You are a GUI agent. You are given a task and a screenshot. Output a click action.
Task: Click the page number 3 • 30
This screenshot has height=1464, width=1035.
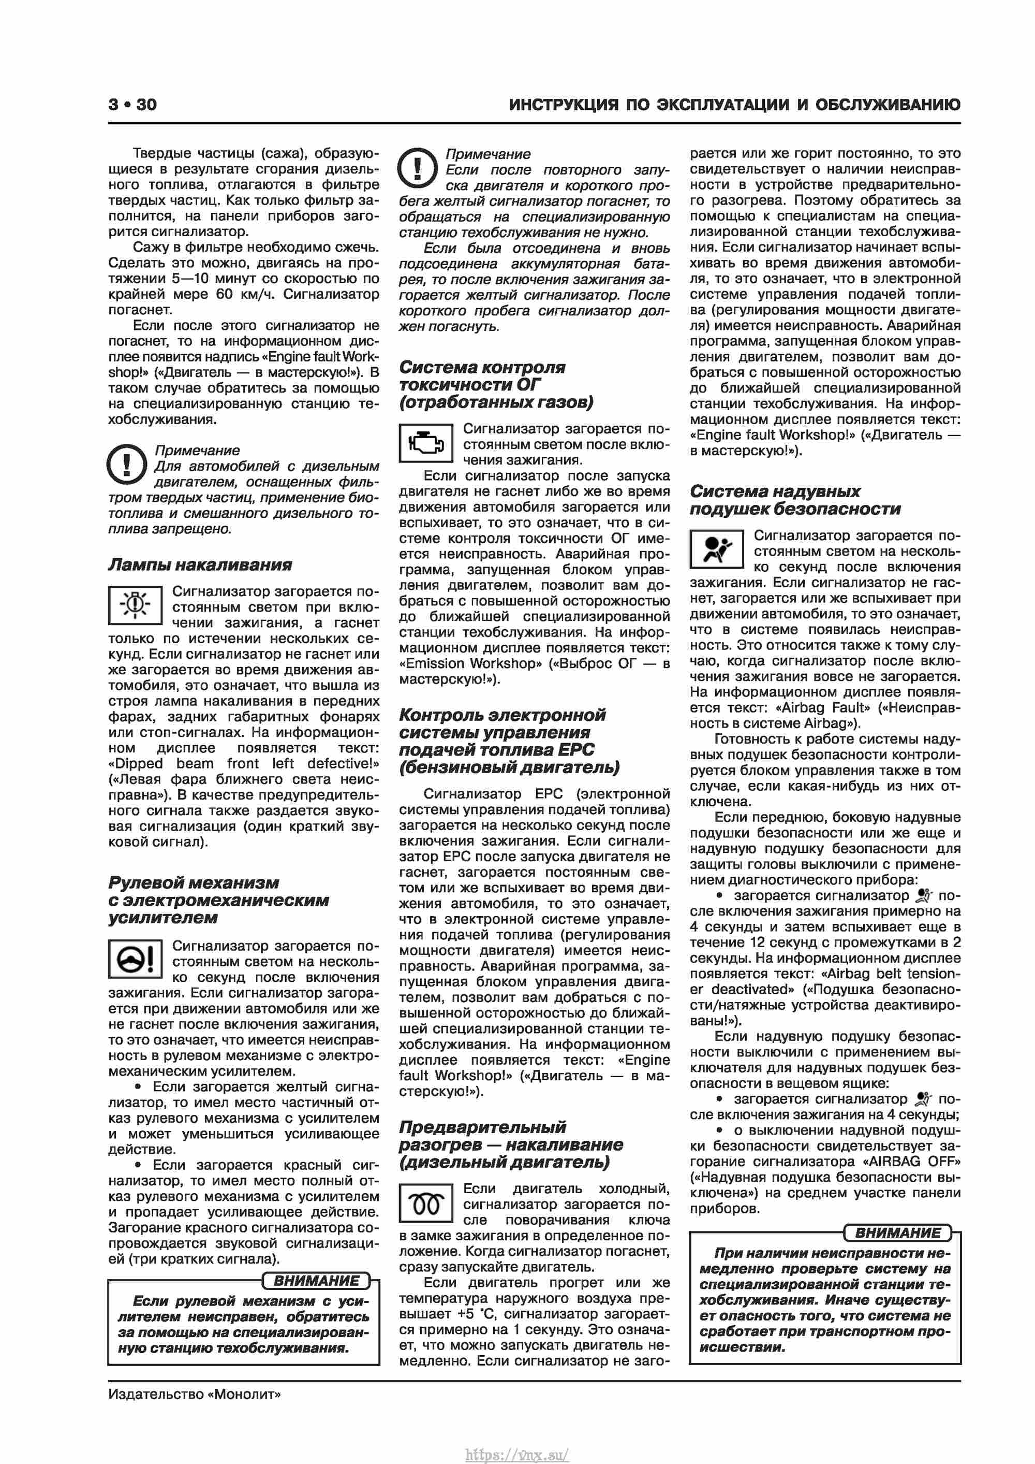point(132,105)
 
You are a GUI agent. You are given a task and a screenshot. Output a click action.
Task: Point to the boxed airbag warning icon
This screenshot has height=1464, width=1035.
point(716,549)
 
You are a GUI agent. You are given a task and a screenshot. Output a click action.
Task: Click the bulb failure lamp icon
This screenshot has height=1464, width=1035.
point(135,604)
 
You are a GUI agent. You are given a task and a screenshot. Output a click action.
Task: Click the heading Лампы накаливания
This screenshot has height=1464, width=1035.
point(199,565)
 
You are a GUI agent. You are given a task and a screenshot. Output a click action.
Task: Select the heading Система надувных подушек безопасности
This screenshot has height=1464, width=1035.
point(795,500)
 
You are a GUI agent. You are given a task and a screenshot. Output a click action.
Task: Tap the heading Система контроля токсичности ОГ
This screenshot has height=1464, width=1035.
point(496,384)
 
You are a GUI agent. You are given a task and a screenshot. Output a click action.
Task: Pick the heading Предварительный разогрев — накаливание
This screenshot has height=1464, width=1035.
point(510,1144)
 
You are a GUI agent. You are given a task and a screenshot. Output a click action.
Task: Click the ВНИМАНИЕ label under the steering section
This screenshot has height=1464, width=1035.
point(316,1280)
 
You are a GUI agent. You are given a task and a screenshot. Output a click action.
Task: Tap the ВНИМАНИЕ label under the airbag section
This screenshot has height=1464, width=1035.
point(897,1233)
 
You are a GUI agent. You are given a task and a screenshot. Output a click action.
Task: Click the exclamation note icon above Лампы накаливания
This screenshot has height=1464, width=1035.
point(127,465)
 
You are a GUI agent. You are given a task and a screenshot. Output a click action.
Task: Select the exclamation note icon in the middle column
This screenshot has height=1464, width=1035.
point(418,168)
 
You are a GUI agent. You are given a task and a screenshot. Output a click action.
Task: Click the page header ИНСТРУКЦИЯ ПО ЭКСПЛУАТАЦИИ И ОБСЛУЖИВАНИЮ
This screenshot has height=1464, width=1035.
point(734,105)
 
